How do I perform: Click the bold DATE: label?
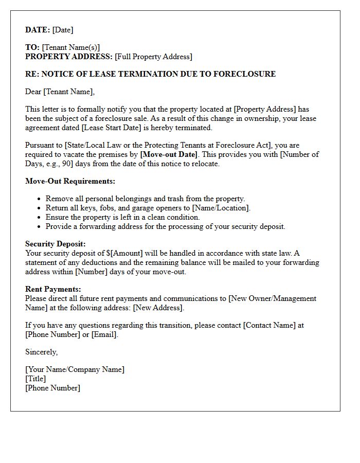pos(38,30)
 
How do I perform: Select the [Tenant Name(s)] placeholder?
pos(70,47)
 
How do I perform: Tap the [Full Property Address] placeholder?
pos(153,57)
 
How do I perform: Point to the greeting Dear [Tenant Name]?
pos(60,92)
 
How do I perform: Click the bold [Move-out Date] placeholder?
pos(169,154)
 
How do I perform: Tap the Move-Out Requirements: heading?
pos(70,181)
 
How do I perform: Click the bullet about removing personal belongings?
pos(145,199)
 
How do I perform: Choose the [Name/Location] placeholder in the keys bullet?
pos(221,208)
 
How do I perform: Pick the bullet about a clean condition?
pos(122,217)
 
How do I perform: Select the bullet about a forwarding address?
pos(165,226)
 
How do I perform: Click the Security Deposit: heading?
pos(56,244)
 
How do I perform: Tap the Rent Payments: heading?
pos(53,289)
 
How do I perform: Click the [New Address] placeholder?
pos(158,308)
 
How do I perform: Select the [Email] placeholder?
pos(104,334)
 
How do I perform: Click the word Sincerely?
pos(41,352)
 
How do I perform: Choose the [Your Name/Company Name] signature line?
pos(75,369)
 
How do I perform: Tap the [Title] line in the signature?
pos(35,379)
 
